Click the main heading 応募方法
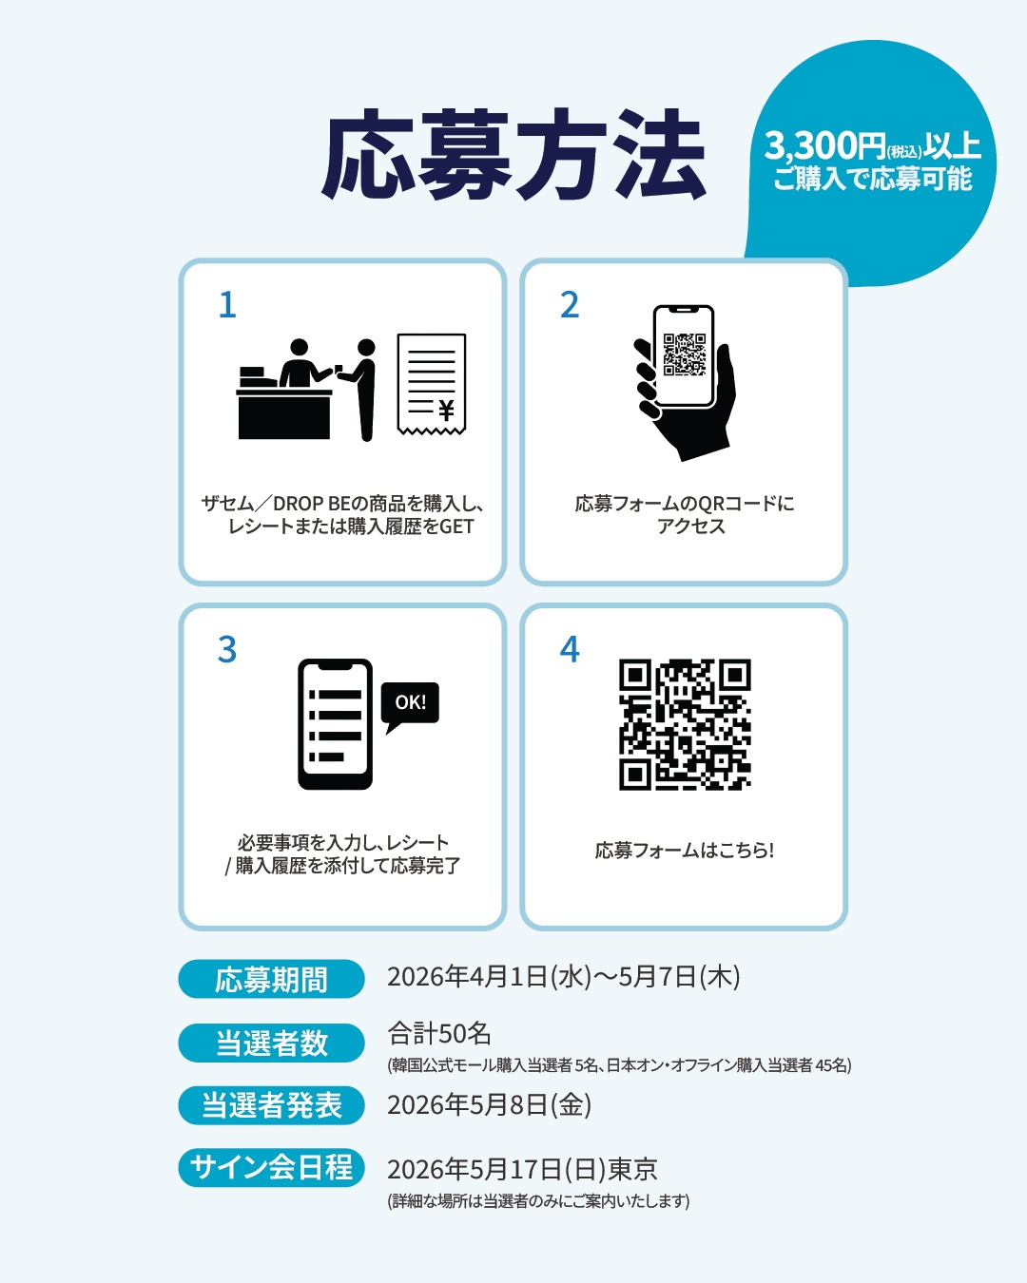click(x=513, y=154)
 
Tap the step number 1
click(x=227, y=305)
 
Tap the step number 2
click(x=570, y=305)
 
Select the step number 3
click(x=226, y=649)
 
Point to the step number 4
click(x=570, y=649)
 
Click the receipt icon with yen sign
click(x=432, y=384)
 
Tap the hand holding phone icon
click(x=684, y=382)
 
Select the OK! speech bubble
click(x=410, y=706)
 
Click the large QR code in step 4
click(x=685, y=724)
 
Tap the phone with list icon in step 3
click(x=335, y=724)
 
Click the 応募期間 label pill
click(x=272, y=978)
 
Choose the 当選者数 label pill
click(x=272, y=1043)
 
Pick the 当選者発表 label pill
click(x=272, y=1105)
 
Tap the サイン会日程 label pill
click(x=272, y=1167)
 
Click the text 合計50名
click(x=439, y=1034)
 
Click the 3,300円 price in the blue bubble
click(x=825, y=145)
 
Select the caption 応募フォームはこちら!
click(x=685, y=851)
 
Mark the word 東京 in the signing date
click(x=632, y=1169)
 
